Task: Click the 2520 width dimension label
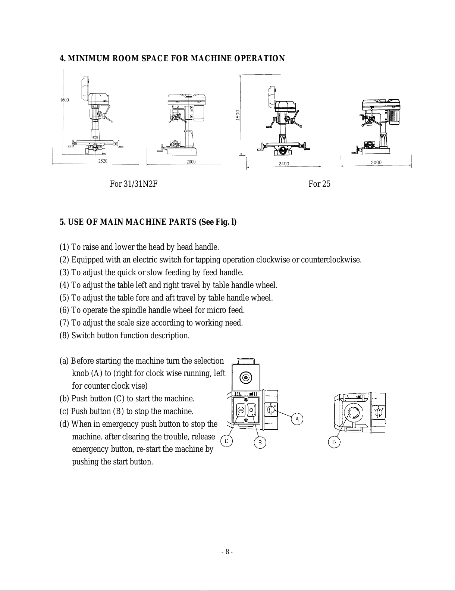103,161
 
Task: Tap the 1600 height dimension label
65,100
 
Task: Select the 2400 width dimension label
284,163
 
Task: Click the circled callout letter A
297,419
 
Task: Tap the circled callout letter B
260,443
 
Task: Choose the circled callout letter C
226,441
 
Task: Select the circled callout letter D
334,442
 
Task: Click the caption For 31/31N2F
133,184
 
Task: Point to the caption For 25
319,184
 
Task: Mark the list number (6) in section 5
65,310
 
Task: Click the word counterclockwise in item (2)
331,260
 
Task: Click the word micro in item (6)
204,310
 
